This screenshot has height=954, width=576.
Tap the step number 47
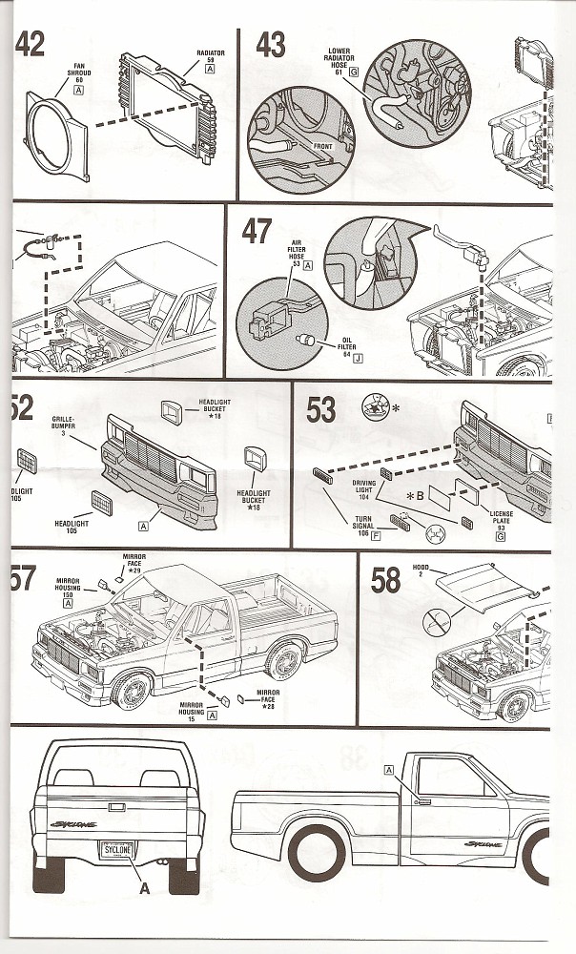click(256, 230)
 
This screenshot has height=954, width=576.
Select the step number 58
click(385, 578)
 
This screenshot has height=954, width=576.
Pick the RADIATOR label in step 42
click(210, 60)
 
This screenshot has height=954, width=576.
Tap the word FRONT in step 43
click(326, 146)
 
